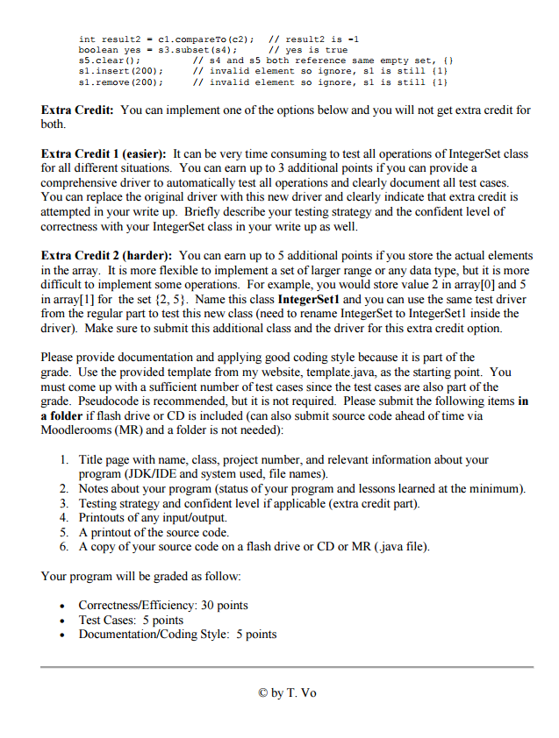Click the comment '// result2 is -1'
pyautogui.click(x=313, y=39)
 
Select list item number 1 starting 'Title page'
pyautogui.click(x=283, y=459)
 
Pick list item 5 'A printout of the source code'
pyautogui.click(x=154, y=532)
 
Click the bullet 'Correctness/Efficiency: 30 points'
pyautogui.click(x=162, y=605)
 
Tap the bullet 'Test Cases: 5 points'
pyautogui.click(x=131, y=620)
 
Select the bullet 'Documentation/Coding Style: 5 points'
pyautogui.click(x=177, y=635)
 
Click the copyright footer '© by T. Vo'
pyautogui.click(x=287, y=692)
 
